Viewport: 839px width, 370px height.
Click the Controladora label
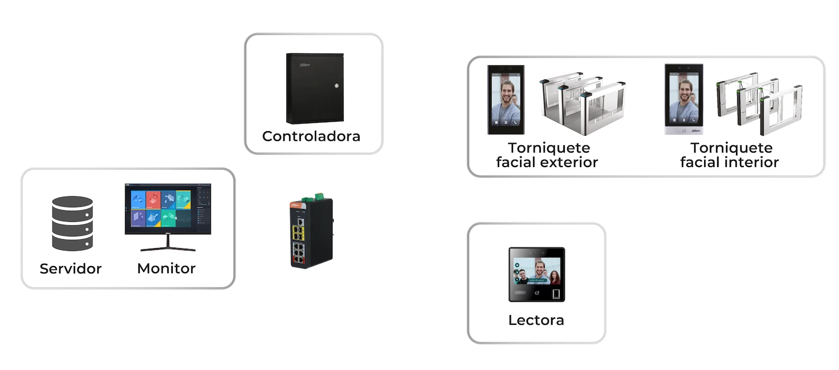(312, 136)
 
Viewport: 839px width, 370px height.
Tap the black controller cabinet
(315, 88)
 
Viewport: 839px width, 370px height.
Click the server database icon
(70, 222)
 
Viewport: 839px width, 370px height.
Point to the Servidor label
(70, 269)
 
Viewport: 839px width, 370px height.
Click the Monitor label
(166, 269)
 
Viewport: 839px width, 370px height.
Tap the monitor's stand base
(168, 249)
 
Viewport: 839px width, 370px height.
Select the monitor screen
(168, 209)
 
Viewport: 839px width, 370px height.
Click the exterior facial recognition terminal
(506, 100)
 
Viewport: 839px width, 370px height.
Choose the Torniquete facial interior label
(729, 155)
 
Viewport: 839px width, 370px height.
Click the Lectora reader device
(536, 274)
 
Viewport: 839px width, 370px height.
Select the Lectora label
(536, 320)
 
